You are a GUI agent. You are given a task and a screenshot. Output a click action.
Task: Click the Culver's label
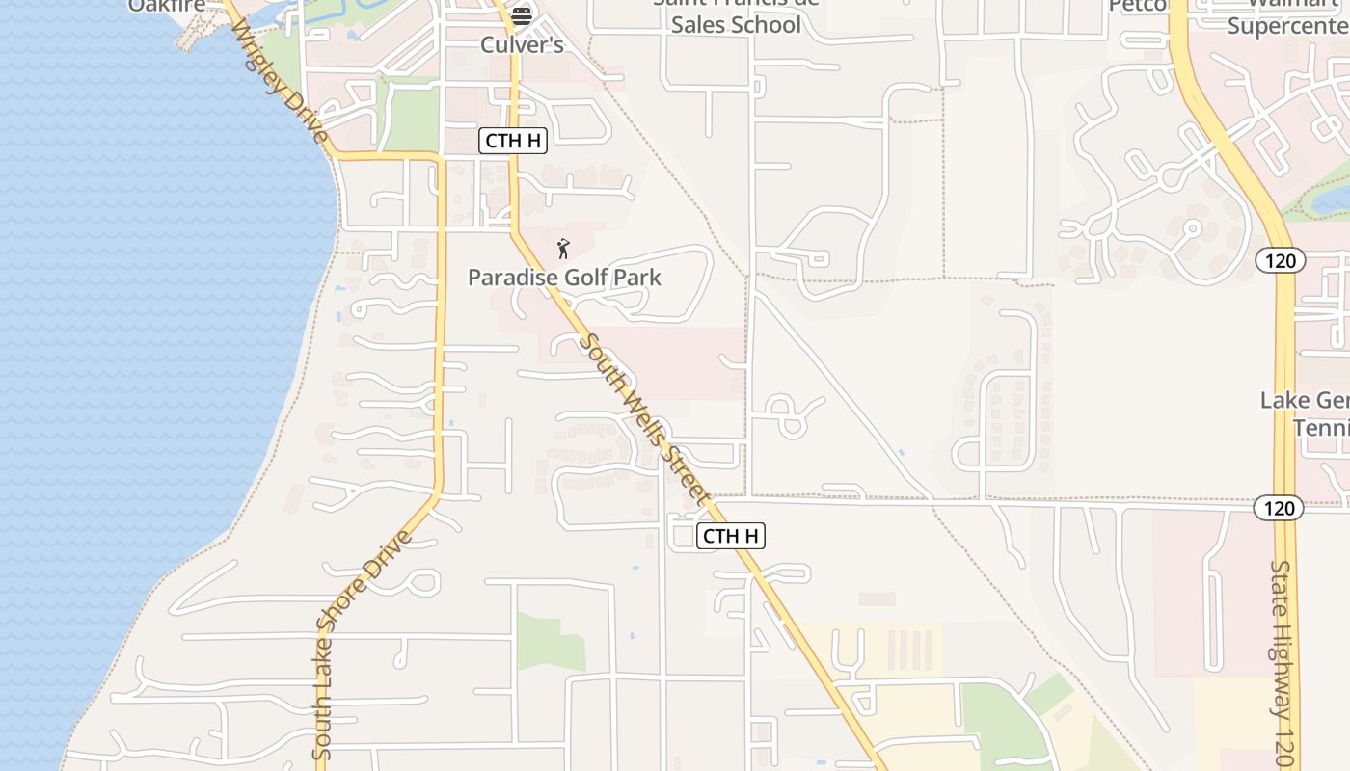[522, 45]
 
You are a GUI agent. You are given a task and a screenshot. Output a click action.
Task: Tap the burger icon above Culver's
[522, 15]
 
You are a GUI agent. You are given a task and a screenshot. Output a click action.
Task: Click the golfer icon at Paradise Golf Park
[563, 249]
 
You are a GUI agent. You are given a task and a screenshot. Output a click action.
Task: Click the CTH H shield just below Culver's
[513, 141]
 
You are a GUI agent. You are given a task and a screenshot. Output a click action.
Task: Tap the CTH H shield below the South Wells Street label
[730, 536]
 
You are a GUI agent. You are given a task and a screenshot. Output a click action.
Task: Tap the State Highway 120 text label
[1282, 665]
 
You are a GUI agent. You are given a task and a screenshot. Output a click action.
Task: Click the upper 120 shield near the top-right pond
[1281, 260]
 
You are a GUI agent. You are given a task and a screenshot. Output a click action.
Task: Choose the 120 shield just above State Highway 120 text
[1279, 508]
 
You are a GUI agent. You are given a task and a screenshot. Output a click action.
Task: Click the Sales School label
[736, 24]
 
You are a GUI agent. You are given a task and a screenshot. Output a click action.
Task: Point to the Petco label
[1139, 6]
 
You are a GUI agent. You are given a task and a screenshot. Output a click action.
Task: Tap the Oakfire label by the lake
[167, 6]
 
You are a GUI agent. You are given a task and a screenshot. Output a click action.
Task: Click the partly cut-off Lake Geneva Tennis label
[1305, 413]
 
